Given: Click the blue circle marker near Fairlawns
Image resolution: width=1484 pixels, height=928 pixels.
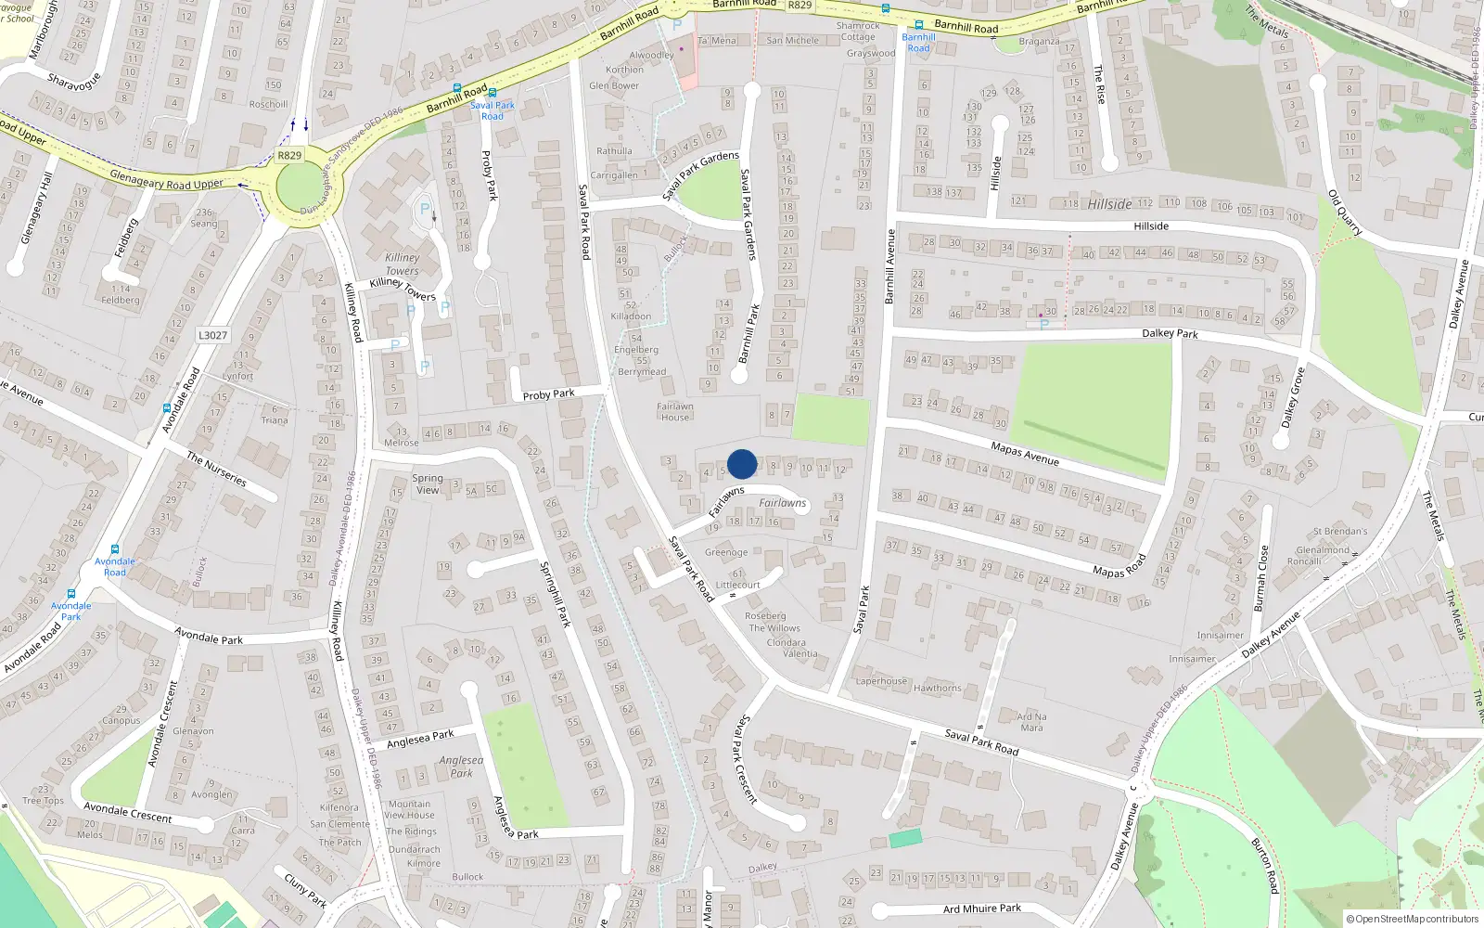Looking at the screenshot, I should coord(742,464).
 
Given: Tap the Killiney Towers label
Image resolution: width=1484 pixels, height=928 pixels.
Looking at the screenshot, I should coord(403,264).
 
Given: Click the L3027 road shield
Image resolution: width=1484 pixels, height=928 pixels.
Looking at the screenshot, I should coord(212,335).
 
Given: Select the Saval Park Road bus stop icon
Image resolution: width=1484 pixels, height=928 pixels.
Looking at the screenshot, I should coord(492,93).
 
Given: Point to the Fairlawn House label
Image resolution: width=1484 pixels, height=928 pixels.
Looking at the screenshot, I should coord(675,412).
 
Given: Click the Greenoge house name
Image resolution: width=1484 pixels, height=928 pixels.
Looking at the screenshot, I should coord(726,552).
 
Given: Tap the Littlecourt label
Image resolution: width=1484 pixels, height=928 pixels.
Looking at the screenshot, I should coord(738,585).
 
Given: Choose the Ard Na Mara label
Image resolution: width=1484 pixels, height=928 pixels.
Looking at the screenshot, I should coord(1031,722).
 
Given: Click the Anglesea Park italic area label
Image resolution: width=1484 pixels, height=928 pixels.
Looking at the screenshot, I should coord(461,767).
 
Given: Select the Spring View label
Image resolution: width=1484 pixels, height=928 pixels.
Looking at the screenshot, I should coord(428,484).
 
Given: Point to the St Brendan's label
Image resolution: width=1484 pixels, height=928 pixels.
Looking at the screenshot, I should coord(1340,532).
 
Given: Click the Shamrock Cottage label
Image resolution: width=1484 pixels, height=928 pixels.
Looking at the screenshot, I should coord(858,32).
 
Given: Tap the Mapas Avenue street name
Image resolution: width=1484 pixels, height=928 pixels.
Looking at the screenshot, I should coord(1025,454).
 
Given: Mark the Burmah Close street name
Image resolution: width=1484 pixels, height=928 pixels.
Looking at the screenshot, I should coord(1260,578).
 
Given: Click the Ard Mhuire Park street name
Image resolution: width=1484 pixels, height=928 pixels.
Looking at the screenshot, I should coord(982,909).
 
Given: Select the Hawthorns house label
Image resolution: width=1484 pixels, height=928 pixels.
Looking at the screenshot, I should coord(937,688).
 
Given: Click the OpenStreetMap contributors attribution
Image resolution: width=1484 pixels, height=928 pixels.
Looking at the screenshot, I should coord(1413,919).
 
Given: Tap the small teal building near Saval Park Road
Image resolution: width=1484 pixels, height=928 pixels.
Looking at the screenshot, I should coord(905,838).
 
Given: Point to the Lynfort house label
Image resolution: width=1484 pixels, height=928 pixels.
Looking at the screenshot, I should coord(237,376).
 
